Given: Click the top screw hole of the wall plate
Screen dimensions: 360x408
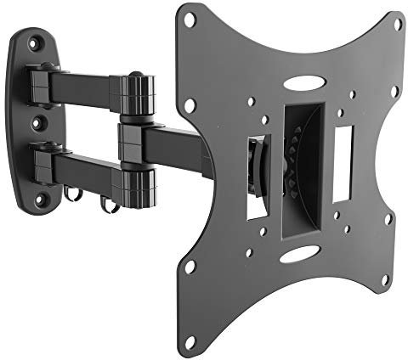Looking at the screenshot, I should (35, 42).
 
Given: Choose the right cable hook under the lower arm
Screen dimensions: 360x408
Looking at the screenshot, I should (108, 205).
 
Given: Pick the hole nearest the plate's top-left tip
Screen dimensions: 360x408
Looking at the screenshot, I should (191, 19).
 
